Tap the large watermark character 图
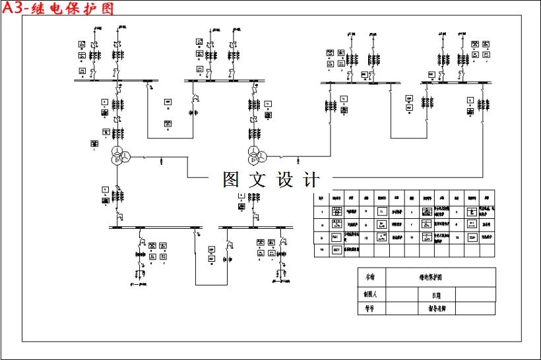coord(231,179)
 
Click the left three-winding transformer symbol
coord(117,157)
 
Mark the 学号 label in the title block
coord(370,308)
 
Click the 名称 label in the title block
coord(370,276)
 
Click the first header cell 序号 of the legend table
coord(321,197)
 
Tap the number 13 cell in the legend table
coord(321,250)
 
